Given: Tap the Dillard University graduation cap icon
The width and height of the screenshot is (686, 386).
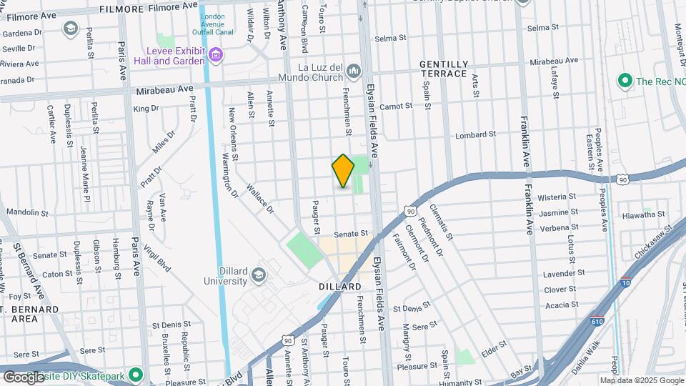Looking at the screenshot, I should tap(259, 275).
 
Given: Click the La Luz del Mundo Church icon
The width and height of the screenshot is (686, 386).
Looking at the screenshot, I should tap(355, 70).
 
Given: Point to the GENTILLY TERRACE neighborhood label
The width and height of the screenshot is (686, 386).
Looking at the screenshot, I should tap(444, 69).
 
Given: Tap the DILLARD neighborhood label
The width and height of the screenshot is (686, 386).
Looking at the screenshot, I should tap(340, 287).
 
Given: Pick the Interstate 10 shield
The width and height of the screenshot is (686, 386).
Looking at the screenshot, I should tap(626, 282).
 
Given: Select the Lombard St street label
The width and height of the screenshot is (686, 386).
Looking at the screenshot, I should tap(476, 134).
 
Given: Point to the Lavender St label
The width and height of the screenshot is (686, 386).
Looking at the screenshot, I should tap(565, 273).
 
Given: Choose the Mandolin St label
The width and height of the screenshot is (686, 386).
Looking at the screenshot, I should tap(26, 212).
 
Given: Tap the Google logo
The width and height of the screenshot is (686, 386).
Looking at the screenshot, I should tap(24, 377).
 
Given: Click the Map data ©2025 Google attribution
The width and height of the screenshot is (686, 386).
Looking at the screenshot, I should tap(641, 380).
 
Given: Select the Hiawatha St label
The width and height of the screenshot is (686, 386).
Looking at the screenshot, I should tap(643, 214).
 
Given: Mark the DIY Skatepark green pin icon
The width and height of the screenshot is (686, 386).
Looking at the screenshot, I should tap(135, 375).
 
